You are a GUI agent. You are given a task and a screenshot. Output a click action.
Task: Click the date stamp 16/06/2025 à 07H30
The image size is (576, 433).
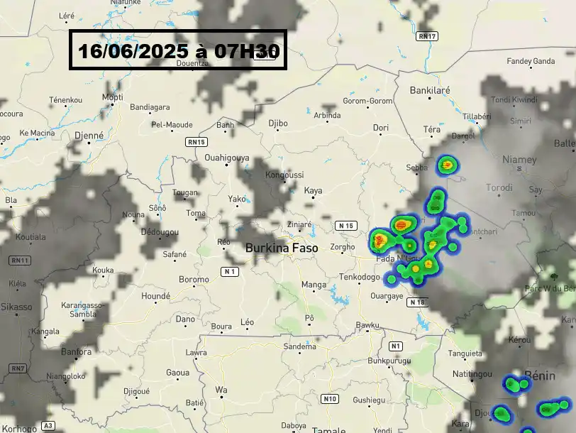coord(177,50)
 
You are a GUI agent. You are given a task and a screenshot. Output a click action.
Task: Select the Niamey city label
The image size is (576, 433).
coord(519,160)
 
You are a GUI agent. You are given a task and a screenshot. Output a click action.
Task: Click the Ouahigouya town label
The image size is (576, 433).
coord(227,158)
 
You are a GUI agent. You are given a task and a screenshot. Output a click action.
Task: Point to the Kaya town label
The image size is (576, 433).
coord(313,190)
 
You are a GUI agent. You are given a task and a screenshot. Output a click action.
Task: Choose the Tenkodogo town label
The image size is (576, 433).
coord(360,277)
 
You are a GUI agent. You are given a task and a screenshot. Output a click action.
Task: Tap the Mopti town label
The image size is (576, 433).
coord(113,97)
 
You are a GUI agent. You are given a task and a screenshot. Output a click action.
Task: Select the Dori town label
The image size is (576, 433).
coord(381,128)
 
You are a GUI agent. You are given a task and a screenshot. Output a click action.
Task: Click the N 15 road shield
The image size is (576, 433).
coord(345,226)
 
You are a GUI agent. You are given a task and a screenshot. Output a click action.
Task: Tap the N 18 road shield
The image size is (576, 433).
coord(416,302)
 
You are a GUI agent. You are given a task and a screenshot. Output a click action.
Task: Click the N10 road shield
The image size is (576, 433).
coord(330,399)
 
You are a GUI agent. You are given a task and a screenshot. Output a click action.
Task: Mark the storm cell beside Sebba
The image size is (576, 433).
coord(447,166)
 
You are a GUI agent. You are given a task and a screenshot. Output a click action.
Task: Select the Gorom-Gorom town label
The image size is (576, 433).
coord(367,101)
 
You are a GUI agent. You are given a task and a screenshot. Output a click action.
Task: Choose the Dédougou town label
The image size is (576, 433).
coord(159,232)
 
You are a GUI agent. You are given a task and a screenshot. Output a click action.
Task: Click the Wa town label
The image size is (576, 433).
coord(221,390)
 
